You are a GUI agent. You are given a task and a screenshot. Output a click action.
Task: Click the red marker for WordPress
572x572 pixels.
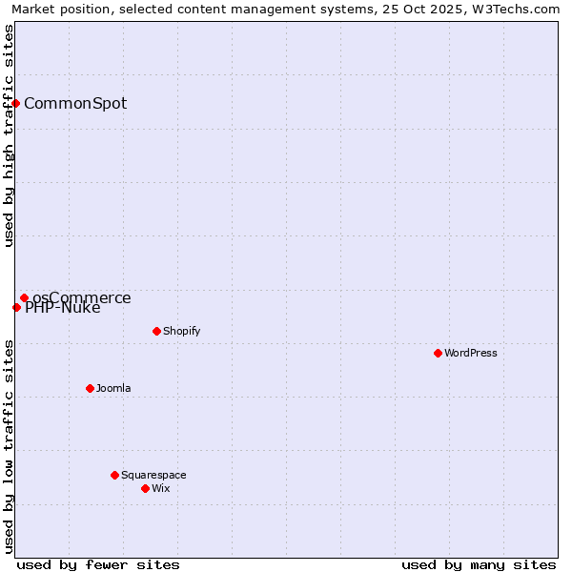pyautogui.click(x=438, y=353)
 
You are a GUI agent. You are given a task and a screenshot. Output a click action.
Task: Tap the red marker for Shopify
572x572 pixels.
pyautogui.click(x=156, y=331)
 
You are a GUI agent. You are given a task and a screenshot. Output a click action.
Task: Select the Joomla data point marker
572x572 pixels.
pyautogui.click(x=90, y=388)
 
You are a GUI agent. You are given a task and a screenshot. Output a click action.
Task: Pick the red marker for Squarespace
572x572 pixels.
pyautogui.click(x=114, y=475)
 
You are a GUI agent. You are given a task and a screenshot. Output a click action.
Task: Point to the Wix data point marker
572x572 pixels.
pyautogui.click(x=145, y=488)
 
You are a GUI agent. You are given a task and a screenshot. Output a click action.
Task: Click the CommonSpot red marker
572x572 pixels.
pyautogui.click(x=16, y=103)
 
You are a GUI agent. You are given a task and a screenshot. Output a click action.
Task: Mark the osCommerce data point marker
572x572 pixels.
pyautogui.click(x=24, y=297)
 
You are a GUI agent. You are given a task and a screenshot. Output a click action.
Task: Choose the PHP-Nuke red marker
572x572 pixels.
pyautogui.click(x=16, y=307)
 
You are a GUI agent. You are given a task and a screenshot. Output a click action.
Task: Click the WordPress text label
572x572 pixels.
pyautogui.click(x=471, y=353)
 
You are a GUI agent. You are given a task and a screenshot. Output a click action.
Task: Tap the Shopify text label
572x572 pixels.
pyautogui.click(x=181, y=331)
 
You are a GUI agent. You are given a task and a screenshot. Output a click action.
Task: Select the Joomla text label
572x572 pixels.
pyautogui.click(x=113, y=388)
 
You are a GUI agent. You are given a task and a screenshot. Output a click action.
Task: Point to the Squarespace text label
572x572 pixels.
pyautogui.click(x=153, y=475)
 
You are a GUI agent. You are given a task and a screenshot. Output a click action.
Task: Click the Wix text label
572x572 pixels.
pyautogui.click(x=160, y=488)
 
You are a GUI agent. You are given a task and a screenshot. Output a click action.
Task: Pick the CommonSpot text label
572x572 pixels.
pyautogui.click(x=75, y=103)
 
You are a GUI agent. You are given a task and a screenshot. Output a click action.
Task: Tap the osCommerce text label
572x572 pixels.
pyautogui.click(x=82, y=297)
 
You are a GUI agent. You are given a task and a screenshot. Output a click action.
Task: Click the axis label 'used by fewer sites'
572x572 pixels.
pyautogui.click(x=98, y=564)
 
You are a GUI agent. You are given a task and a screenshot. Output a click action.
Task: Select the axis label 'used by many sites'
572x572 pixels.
pyautogui.click(x=479, y=564)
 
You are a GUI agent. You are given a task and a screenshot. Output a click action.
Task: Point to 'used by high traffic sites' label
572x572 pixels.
pyautogui.click(x=9, y=135)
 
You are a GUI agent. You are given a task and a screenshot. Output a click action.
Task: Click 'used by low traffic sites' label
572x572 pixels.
pyautogui.click(x=9, y=446)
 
